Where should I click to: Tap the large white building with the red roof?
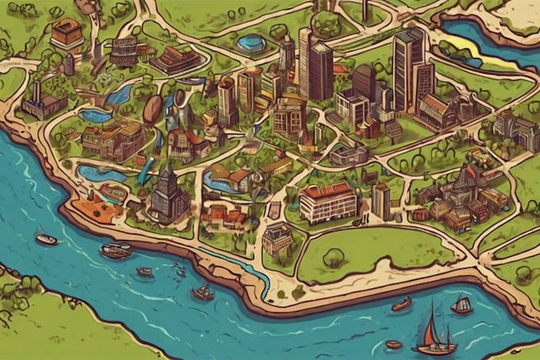pos(327,202)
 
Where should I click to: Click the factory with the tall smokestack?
pos(42,102)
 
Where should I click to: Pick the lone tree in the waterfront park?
pos(334,257)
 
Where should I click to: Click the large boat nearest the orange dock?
pos(116,250)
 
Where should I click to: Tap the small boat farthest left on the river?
pos(46,238)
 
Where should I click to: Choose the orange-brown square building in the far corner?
pos(67,33)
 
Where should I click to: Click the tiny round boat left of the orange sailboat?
pos(393,344)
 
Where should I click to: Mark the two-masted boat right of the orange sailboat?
pos(461,304)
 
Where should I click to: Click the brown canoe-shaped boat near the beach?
pos(402,304)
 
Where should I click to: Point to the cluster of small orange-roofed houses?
pos(225,215)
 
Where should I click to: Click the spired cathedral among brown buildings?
pos(464,191)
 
